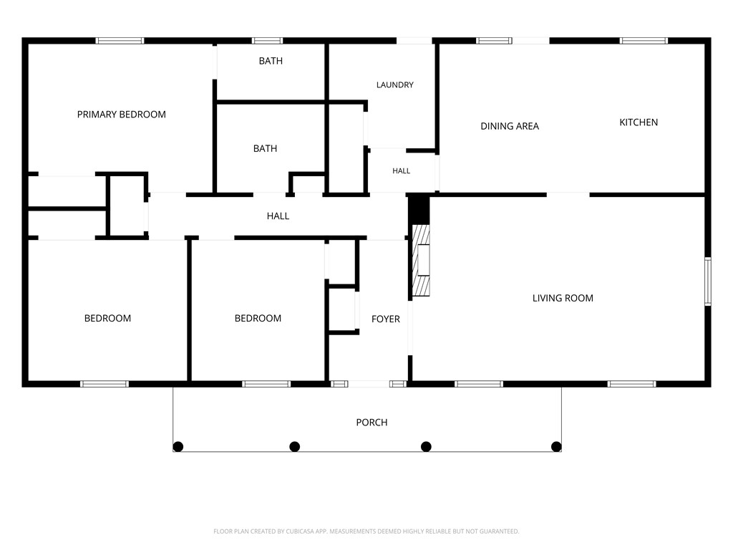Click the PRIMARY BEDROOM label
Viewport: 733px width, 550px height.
(122, 115)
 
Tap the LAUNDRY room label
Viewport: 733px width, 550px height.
(395, 85)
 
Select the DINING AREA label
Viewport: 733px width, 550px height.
(510, 126)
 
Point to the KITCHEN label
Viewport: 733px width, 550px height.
(639, 122)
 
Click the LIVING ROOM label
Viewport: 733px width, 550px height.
(563, 299)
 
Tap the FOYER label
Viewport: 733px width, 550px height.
(386, 319)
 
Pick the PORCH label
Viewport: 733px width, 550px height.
(372, 423)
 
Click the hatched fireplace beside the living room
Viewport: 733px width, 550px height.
(421, 260)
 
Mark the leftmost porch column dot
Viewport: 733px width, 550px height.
(178, 447)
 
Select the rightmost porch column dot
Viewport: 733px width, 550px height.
(556, 447)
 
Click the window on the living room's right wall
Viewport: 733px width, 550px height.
(708, 281)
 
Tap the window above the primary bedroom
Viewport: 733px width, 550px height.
(120, 41)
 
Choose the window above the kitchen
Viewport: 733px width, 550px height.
(644, 41)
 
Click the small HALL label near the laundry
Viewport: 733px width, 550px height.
(401, 171)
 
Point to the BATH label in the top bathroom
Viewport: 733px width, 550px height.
(271, 61)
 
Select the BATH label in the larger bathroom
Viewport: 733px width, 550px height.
(265, 149)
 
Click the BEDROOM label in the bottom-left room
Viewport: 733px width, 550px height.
(107, 319)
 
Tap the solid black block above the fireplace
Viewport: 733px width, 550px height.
(419, 210)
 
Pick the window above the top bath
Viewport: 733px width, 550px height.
(268, 41)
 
